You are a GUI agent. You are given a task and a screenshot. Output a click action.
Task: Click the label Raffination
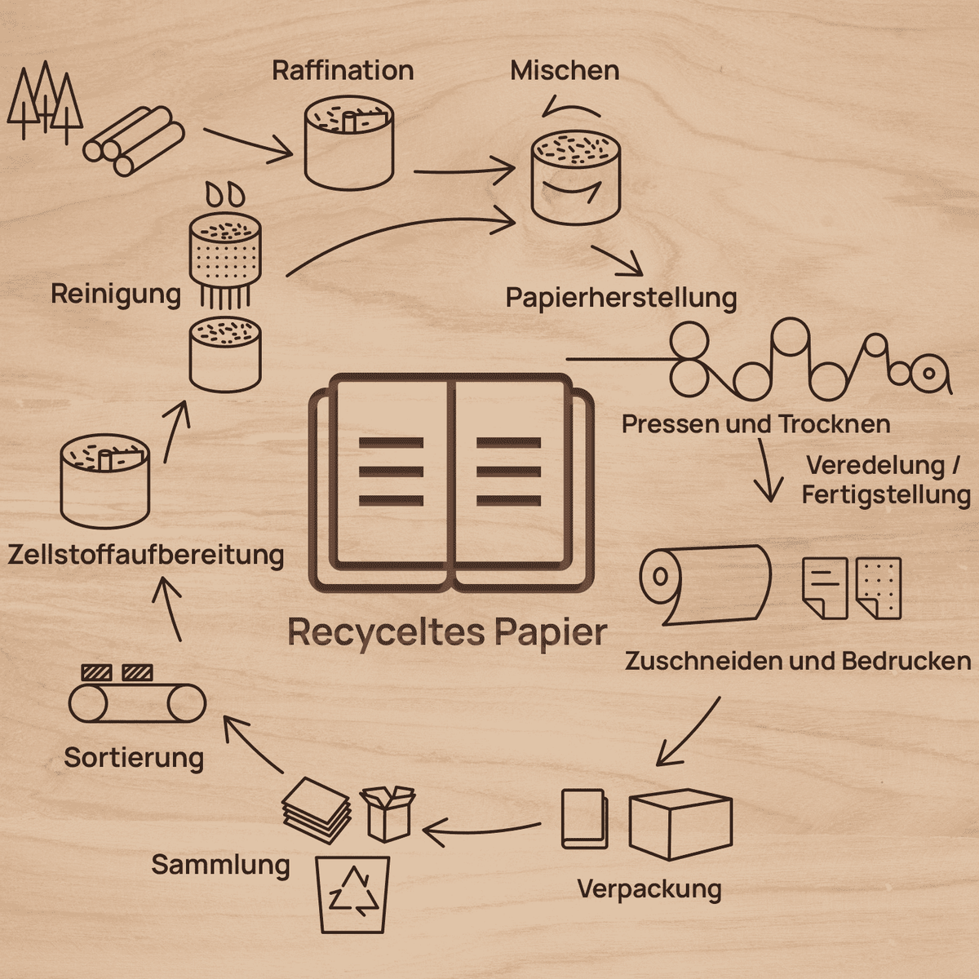click(x=343, y=70)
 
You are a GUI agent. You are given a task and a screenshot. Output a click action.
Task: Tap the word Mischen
click(x=565, y=70)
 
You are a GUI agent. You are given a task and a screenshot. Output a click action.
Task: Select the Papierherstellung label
click(x=621, y=298)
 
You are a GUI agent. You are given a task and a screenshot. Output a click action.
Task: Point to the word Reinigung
click(x=116, y=295)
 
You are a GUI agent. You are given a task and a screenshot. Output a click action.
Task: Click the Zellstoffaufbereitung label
click(x=146, y=554)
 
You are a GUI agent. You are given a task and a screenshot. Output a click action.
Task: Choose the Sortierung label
click(x=134, y=757)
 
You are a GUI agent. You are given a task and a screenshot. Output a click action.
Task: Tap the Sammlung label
click(x=220, y=864)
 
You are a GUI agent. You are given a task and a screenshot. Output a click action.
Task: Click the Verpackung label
click(x=649, y=889)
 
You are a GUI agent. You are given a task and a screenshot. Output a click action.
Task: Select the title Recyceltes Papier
click(x=447, y=633)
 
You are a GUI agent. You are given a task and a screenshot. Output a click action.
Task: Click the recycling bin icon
click(x=352, y=894)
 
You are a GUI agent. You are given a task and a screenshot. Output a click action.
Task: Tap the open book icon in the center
click(x=451, y=483)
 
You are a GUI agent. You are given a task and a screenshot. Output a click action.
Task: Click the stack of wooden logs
click(x=134, y=140)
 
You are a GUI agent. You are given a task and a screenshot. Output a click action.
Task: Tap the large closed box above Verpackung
click(x=680, y=825)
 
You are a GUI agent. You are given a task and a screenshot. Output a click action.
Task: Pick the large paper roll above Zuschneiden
click(x=705, y=585)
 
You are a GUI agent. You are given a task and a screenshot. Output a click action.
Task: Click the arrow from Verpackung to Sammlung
click(x=481, y=831)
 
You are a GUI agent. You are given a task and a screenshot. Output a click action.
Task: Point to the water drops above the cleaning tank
click(x=225, y=194)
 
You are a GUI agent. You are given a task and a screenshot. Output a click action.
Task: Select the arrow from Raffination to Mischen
click(x=465, y=171)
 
